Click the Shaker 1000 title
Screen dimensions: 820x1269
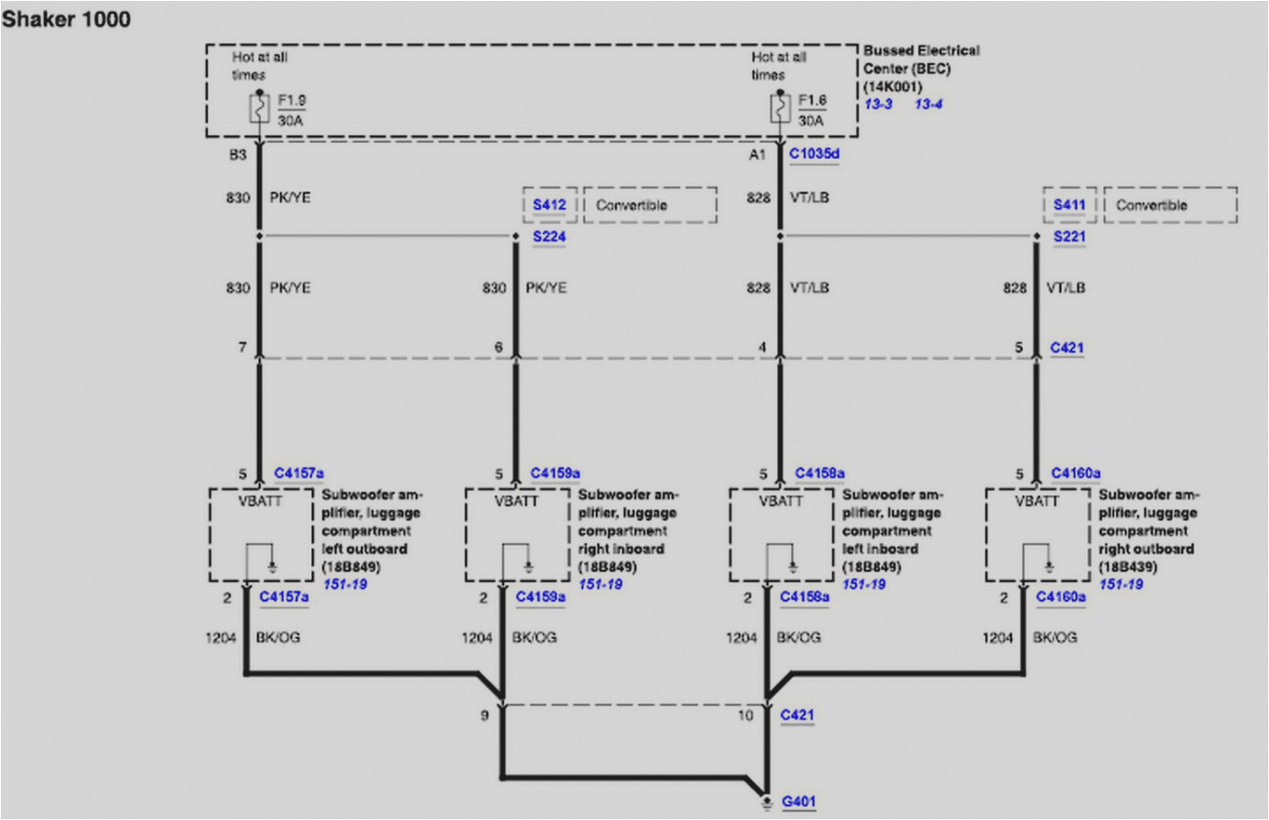click(66, 19)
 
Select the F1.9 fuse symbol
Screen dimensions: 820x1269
click(260, 108)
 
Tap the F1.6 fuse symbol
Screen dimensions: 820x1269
click(779, 108)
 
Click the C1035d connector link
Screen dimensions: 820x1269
click(814, 154)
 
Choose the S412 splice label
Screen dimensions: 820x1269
click(550, 205)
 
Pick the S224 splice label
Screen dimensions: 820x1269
click(550, 237)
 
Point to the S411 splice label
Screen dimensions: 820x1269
click(1069, 205)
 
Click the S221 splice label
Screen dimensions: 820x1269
click(1069, 237)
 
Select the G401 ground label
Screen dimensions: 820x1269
click(799, 801)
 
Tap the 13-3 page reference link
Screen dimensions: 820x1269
click(878, 104)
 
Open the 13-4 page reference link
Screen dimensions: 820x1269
click(928, 104)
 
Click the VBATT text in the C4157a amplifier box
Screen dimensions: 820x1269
click(260, 501)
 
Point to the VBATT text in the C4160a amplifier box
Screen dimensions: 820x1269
click(1037, 501)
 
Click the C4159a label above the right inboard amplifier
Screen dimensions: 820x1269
click(555, 473)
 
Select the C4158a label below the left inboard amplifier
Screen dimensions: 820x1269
click(805, 597)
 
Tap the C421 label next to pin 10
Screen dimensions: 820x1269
click(797, 715)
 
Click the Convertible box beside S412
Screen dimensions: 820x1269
click(649, 205)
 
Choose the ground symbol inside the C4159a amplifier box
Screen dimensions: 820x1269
click(528, 566)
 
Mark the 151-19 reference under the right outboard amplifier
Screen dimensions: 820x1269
click(1121, 584)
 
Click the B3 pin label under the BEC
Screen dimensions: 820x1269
click(238, 155)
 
